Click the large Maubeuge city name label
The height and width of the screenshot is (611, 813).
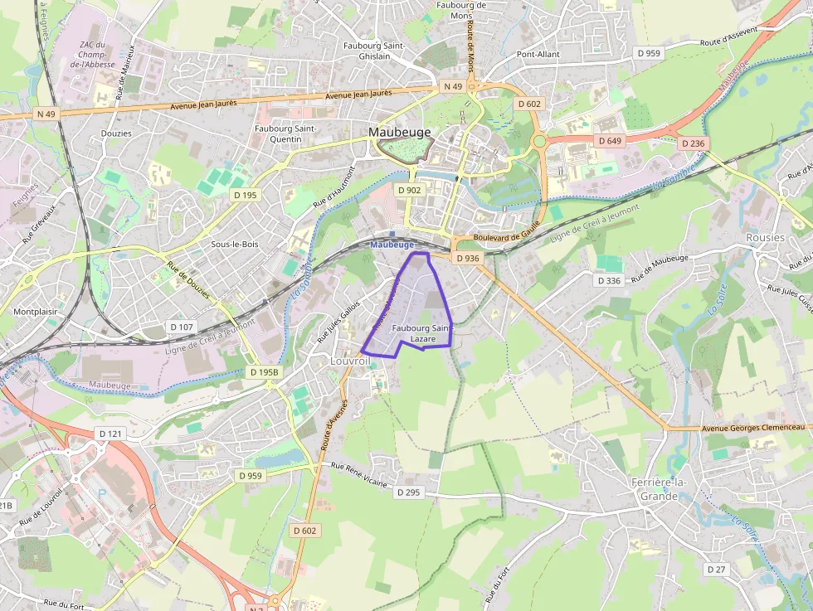pos(399,132)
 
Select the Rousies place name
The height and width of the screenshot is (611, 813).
pos(765,237)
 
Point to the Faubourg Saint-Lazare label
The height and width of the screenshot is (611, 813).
pos(422,334)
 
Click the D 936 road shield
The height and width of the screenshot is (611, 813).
pos(468,259)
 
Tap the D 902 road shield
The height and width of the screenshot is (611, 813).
pos(410,190)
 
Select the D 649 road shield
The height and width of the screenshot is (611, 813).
pos(610,141)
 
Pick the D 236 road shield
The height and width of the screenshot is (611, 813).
pos(692,143)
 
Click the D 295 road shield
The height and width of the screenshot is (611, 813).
pos(408,492)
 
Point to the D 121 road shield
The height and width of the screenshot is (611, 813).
pos(110,434)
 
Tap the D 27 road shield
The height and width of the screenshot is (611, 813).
pos(716,569)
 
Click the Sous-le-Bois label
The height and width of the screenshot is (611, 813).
pos(236,245)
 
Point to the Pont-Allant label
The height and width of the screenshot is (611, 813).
pos(538,55)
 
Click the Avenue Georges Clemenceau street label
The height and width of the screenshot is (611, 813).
pos(754,427)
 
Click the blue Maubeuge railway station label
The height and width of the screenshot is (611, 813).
pos(392,245)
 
